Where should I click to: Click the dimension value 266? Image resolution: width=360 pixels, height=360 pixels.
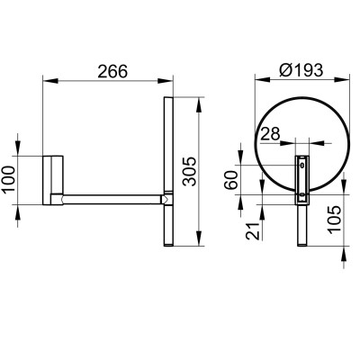[112, 71]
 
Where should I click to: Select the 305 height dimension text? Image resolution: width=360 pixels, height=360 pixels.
[190, 171]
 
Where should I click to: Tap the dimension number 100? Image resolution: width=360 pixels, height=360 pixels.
[8, 180]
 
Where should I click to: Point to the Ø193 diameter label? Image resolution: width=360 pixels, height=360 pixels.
[301, 70]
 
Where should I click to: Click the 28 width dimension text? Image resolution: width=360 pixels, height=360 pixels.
[270, 134]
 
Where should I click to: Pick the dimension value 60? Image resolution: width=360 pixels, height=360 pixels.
[231, 180]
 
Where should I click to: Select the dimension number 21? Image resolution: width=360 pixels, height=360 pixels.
[252, 230]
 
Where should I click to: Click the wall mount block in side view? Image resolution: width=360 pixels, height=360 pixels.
[53, 180]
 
